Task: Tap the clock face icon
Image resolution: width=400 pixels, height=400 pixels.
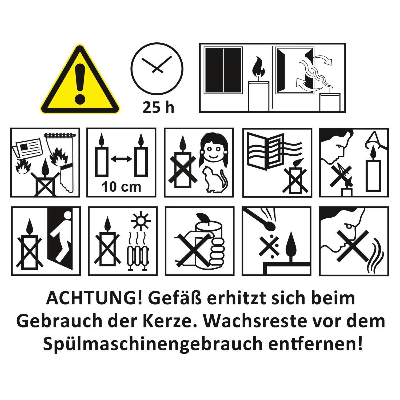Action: [157, 69]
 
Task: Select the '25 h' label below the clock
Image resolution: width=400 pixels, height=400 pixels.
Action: [158, 107]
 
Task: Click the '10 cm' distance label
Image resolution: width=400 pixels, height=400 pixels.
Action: [121, 187]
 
